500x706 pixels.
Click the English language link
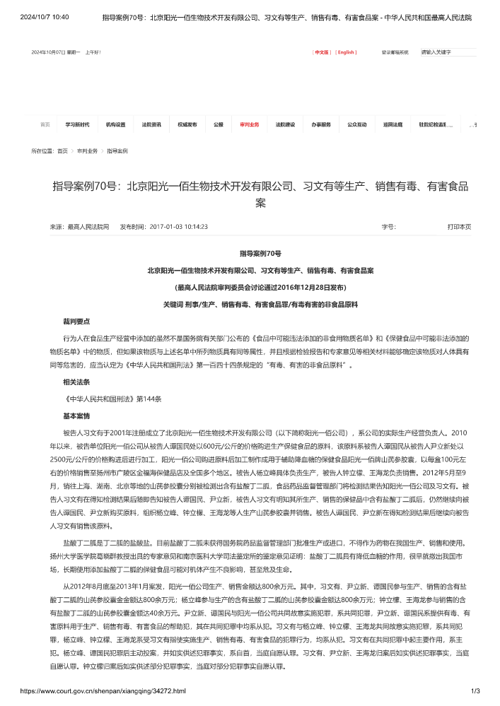(346, 52)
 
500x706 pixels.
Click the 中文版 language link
(322, 52)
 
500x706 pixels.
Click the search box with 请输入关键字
(447, 52)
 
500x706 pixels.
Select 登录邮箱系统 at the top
(395, 52)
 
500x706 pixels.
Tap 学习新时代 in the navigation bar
(78, 124)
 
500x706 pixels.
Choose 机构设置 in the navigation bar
(115, 124)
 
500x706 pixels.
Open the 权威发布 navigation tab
(187, 124)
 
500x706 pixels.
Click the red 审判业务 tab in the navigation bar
(250, 124)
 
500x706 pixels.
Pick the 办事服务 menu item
(321, 124)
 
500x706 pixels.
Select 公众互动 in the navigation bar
(357, 124)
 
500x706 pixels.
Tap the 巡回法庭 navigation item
(393, 124)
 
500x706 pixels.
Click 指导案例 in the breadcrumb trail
(117, 151)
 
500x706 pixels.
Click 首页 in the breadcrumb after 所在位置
(63, 151)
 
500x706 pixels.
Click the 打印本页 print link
(459, 227)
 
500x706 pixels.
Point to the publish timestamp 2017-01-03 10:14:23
(178, 227)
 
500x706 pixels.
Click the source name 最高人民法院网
(88, 227)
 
